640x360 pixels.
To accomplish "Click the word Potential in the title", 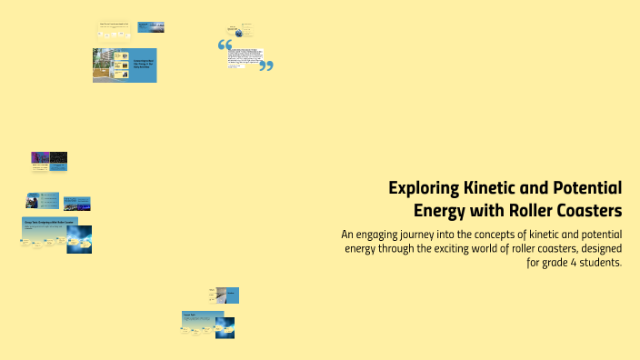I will (585, 188).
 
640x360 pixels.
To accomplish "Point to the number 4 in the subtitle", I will (561, 263).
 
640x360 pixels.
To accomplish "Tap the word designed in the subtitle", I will (595, 248).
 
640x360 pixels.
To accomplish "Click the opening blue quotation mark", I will (225, 45).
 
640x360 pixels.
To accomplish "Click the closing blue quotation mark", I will (266, 65).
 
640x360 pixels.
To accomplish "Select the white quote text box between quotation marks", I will (245, 55).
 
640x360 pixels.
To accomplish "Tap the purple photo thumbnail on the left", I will (40, 160).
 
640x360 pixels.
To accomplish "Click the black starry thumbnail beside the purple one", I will (58, 160).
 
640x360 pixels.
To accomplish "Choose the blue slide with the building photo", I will (125, 65).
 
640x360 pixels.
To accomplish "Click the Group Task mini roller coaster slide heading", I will (50, 221).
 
